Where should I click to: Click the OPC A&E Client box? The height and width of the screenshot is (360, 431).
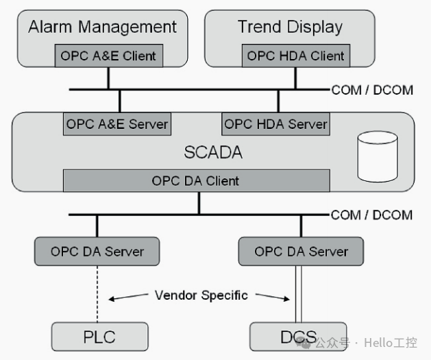tap(109, 56)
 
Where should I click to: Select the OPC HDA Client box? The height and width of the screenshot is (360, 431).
tap(296, 56)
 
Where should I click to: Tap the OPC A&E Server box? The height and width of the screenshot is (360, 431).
tap(117, 124)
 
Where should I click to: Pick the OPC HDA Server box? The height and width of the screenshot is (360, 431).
tap(276, 124)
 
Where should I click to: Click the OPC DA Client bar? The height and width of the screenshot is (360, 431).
tap(197, 180)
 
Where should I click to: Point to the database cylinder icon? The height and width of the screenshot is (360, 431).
tap(378, 156)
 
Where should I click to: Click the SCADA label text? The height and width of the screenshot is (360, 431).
tap(213, 152)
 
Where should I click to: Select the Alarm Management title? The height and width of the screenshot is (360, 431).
tap(102, 27)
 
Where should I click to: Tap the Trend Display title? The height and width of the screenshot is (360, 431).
tap(291, 27)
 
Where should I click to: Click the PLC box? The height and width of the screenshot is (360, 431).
tap(100, 337)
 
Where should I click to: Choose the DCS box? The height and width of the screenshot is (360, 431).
tap(298, 337)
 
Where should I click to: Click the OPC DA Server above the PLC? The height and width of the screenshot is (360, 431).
tap(97, 252)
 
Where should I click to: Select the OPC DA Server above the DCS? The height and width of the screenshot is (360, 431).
tap(301, 252)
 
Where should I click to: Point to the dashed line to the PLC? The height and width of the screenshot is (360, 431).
tap(97, 294)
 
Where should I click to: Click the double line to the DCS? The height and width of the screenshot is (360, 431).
tap(299, 294)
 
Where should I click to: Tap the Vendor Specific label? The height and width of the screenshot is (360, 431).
tap(201, 296)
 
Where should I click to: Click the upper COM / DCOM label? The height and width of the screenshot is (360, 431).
tap(373, 91)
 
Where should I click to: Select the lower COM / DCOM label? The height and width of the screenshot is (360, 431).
tap(372, 215)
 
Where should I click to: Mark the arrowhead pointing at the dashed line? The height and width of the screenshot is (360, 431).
tap(111, 299)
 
